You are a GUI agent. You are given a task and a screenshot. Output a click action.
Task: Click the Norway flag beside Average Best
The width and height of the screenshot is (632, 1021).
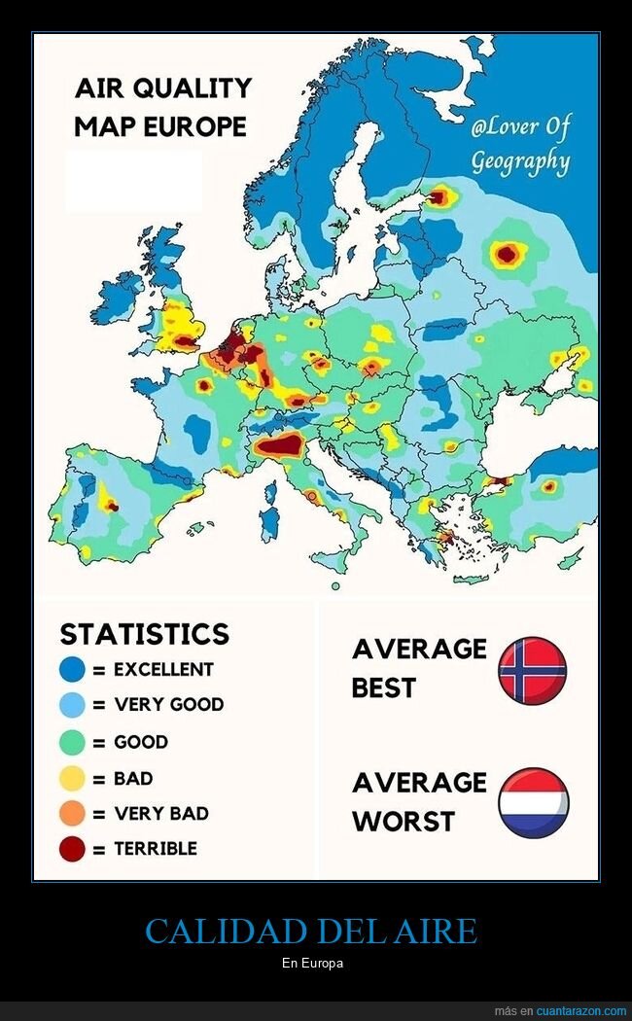point(532,670)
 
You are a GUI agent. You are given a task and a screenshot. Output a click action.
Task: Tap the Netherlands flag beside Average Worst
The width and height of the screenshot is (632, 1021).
point(533,803)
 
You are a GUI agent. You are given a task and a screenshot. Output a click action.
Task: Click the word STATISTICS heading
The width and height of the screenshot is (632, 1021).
point(144,634)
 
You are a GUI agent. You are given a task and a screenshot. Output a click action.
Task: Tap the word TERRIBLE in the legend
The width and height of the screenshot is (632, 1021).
point(156,849)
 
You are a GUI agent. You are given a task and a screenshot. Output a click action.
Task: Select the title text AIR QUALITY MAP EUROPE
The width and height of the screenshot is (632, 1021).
point(162,107)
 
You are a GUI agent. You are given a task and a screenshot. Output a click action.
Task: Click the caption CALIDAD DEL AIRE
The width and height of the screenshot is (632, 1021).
point(311,932)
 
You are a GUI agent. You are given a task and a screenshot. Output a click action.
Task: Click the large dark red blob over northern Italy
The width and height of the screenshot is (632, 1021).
point(279,446)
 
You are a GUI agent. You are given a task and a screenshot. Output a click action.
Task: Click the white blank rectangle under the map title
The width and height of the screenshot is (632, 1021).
point(133,180)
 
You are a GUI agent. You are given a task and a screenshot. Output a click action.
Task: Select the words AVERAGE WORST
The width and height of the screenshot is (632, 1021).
point(418,802)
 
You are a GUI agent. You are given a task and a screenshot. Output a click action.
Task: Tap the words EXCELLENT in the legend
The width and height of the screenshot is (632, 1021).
point(163,670)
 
